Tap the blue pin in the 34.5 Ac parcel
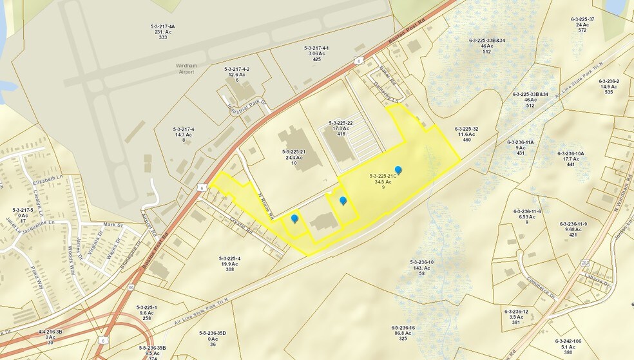coord(398,170)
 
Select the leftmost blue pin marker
coord(294,218)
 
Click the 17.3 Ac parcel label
coord(340,129)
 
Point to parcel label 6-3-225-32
coord(466,129)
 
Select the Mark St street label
coord(112,225)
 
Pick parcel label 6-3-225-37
coord(582,19)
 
